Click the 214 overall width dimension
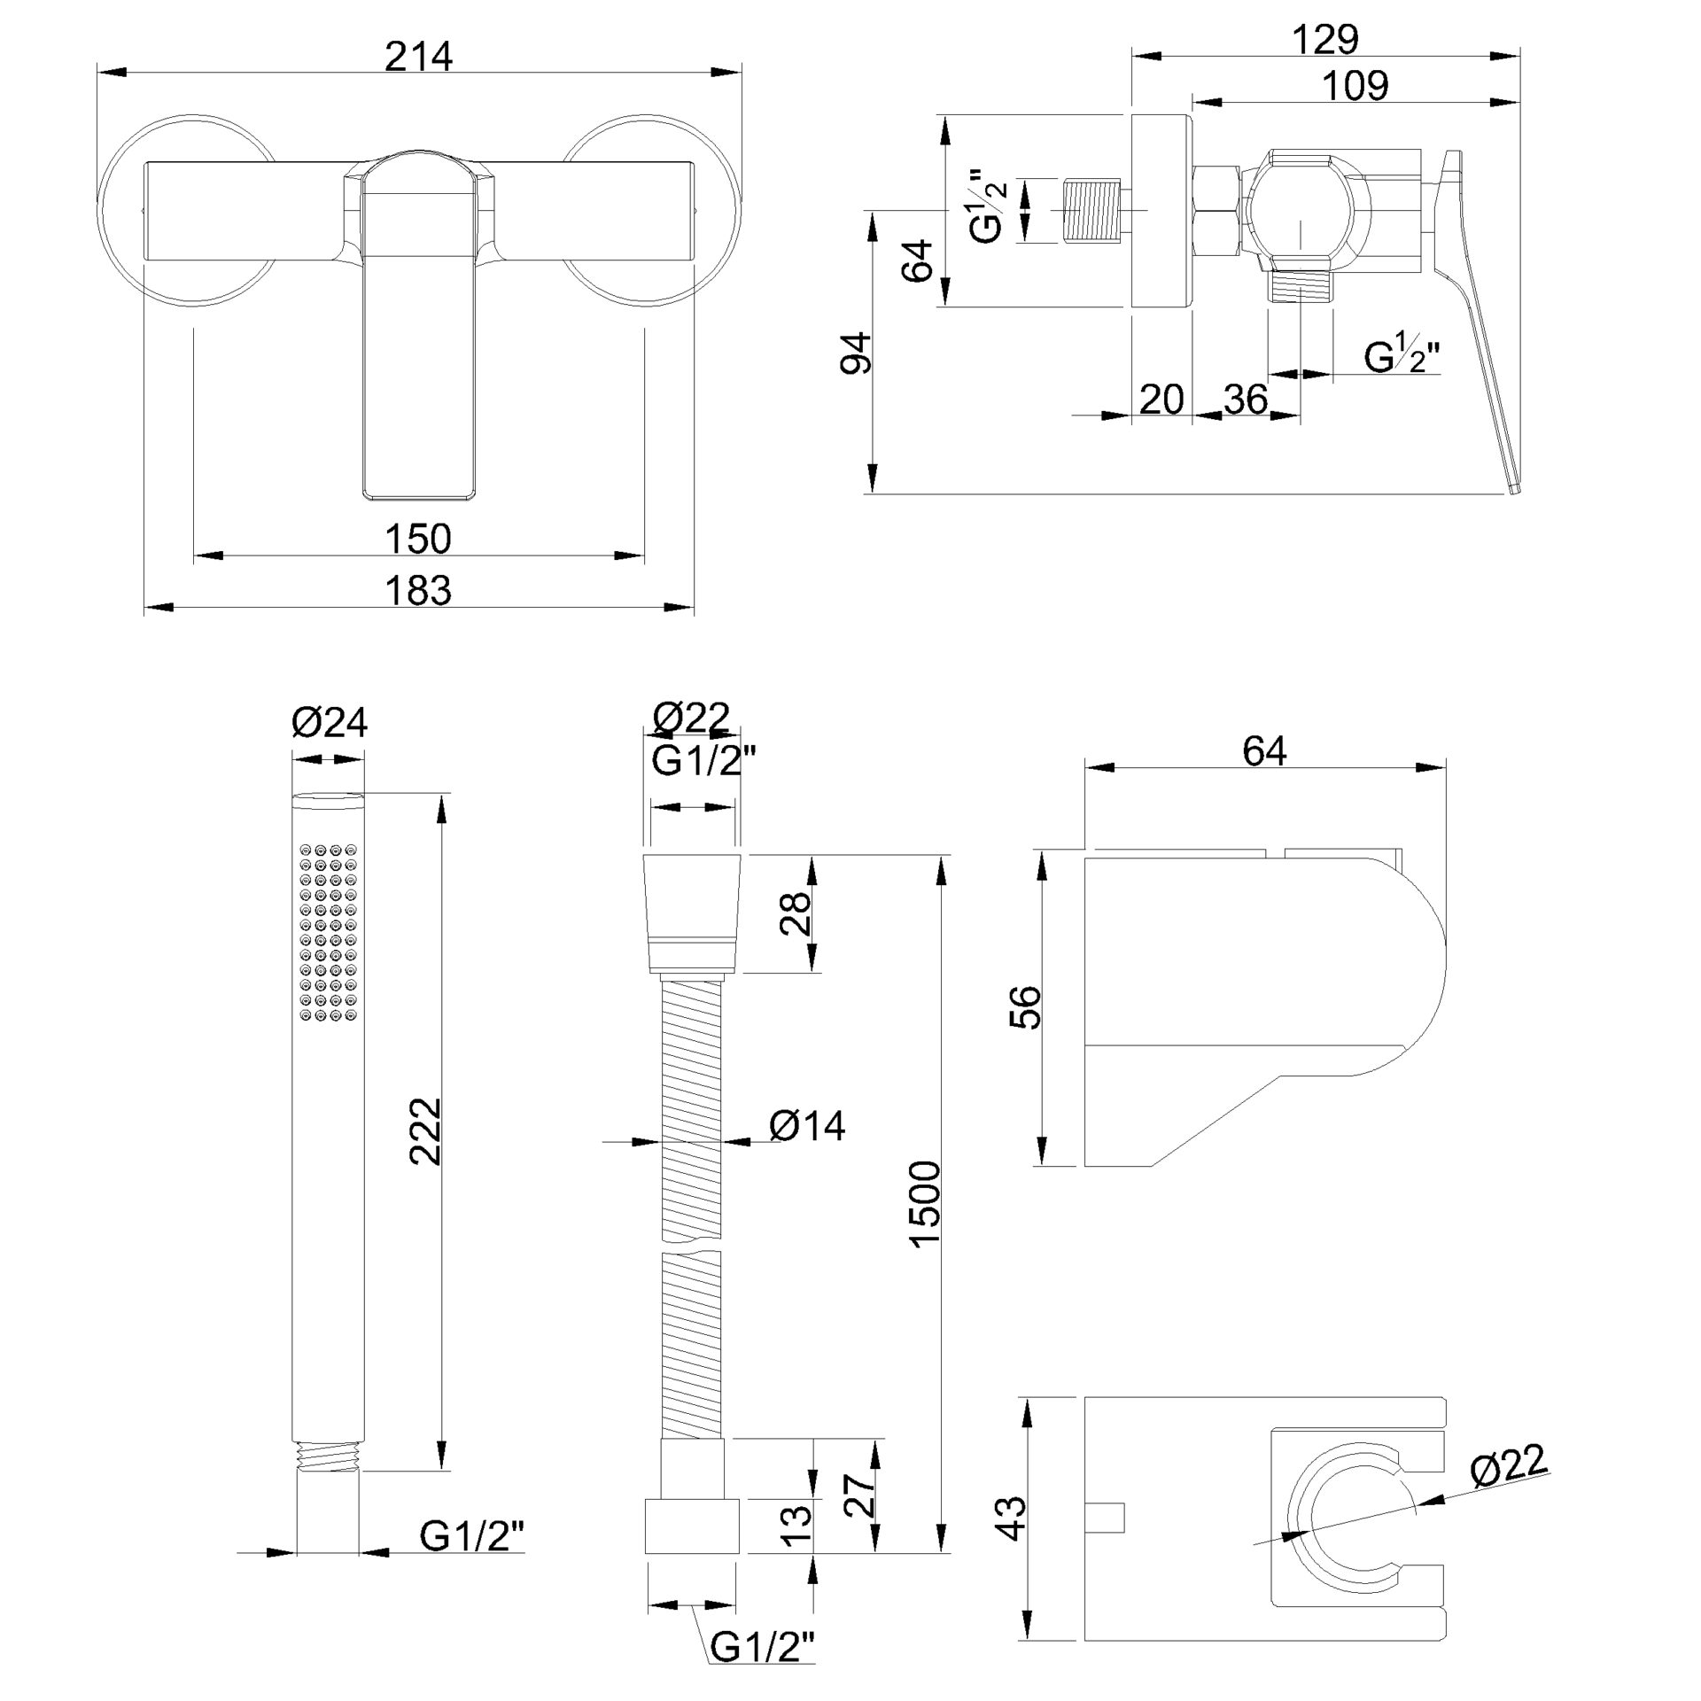click(419, 57)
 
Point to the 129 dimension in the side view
click(1325, 39)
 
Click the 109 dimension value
click(1355, 86)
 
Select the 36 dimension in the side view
click(1247, 400)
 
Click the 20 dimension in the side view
click(1161, 400)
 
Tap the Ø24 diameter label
click(330, 723)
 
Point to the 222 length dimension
click(424, 1130)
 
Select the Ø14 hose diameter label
click(807, 1126)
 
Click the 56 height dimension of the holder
click(1024, 1006)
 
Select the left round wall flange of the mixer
click(189, 210)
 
